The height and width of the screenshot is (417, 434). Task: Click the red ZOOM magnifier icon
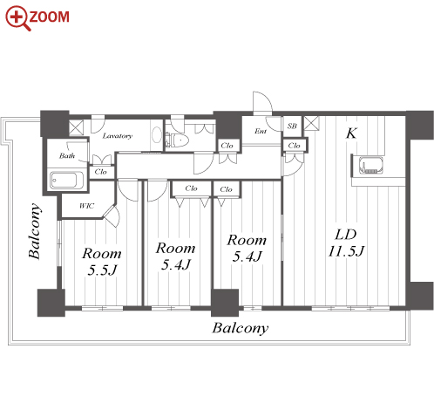pos(18,18)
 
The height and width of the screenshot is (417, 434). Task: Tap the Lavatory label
pos(118,136)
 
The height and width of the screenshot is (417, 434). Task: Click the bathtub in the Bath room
pos(67,181)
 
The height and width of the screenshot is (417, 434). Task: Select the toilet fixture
pos(177,140)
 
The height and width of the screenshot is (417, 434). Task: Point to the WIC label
pos(86,206)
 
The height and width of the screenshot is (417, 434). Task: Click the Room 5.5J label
pos(102,262)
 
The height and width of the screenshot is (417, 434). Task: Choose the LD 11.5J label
pos(346,243)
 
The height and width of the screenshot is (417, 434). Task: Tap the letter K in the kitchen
pos(351,133)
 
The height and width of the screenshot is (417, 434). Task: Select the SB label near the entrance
pos(292,126)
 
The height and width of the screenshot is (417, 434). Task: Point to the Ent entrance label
pos(261,131)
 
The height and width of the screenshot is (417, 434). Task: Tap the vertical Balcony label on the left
pos(35,231)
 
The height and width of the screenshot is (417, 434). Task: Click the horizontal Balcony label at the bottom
pos(241,328)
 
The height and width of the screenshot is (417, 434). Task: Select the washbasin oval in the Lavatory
pos(157,134)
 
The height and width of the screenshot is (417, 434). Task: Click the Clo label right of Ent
pos(294,145)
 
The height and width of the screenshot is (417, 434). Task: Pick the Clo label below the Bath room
pos(100,172)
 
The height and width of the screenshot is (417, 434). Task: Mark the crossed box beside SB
pos(311,123)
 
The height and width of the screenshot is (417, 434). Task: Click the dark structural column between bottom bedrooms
pos(225,303)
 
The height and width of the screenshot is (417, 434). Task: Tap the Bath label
pos(67,156)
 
